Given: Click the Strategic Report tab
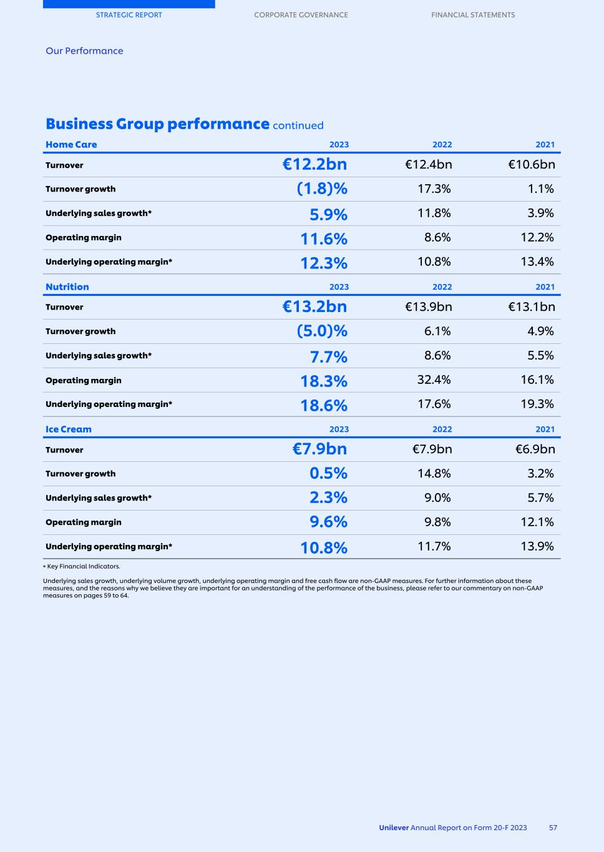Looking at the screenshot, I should point(129,15).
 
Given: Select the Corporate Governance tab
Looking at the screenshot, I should point(301,15).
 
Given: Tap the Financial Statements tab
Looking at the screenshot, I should point(473,15).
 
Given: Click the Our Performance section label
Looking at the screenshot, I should point(84,51).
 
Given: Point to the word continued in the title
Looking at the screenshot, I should point(298,125).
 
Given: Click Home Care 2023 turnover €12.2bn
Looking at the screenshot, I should point(314,165).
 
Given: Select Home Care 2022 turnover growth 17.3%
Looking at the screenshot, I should point(434,189).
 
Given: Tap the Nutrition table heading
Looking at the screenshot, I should point(67,287).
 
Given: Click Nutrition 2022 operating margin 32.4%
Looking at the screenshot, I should point(434,379).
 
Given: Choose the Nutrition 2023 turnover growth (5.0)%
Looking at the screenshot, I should point(322,331).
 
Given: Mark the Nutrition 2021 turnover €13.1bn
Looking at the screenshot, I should point(531,306).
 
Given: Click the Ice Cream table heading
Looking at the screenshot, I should point(69,429).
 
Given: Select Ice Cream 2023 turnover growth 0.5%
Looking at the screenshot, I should point(328,474).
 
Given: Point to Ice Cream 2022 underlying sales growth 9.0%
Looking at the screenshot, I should point(437,497).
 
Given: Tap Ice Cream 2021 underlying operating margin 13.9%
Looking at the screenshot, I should point(537,546).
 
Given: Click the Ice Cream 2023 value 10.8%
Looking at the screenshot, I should point(324,547).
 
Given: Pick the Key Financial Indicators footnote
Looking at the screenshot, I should point(82,567).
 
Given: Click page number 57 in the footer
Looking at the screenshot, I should point(553,828).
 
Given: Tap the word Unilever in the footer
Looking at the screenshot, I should point(394,828).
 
